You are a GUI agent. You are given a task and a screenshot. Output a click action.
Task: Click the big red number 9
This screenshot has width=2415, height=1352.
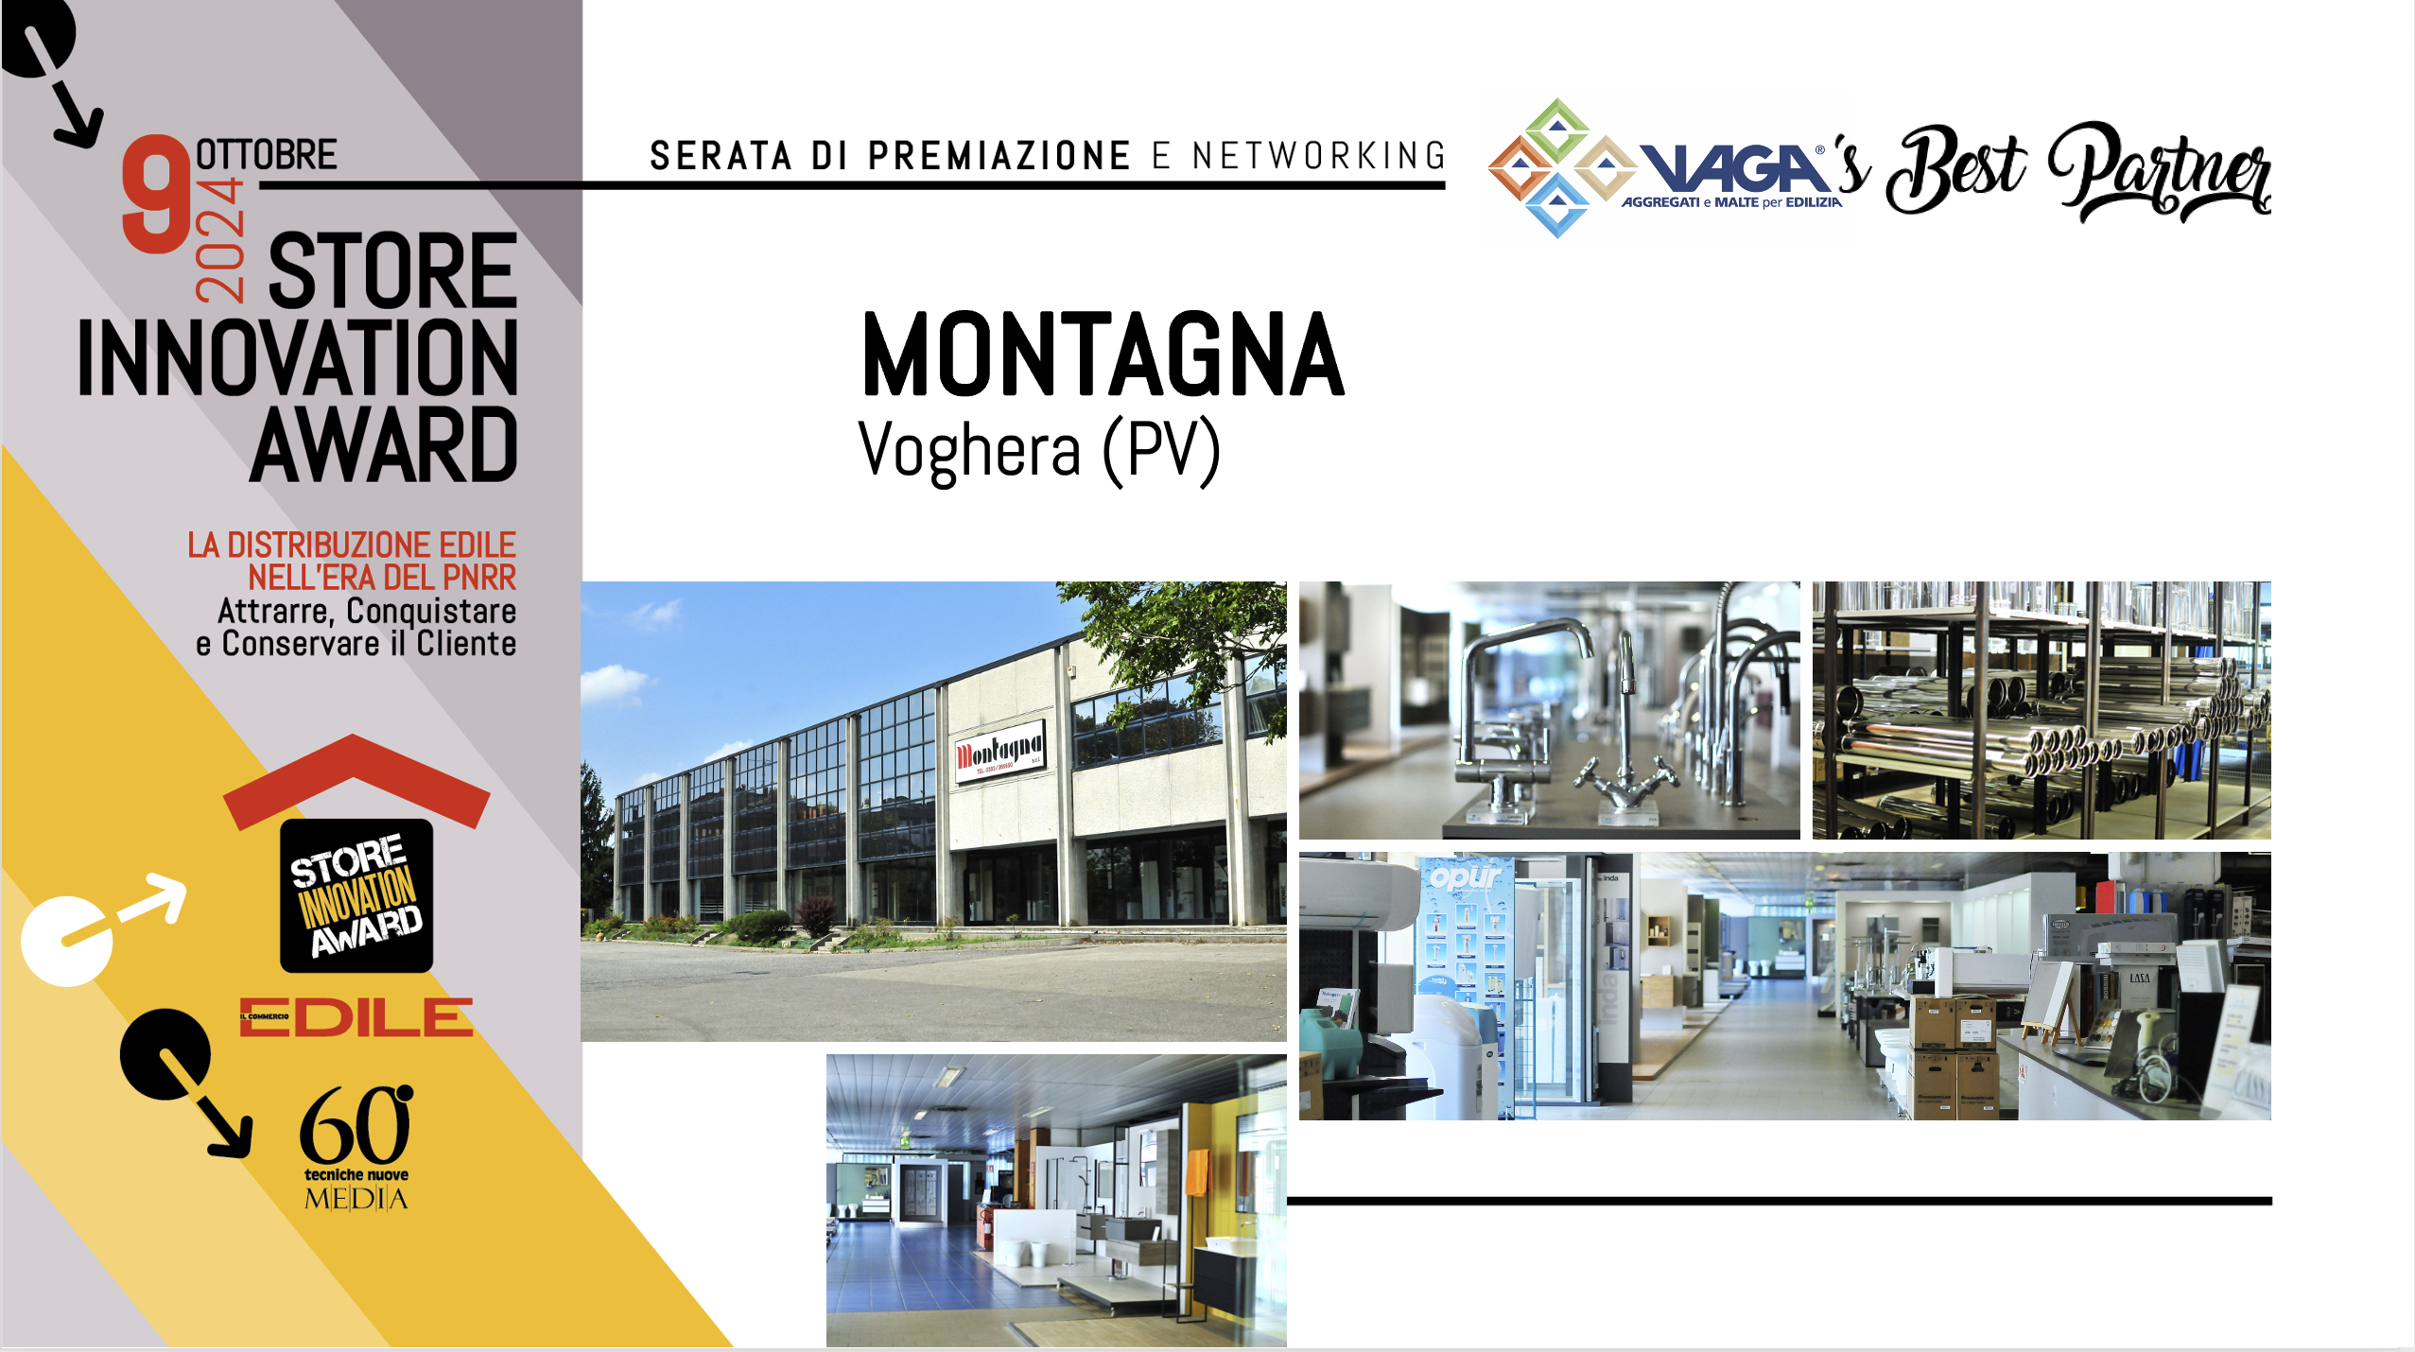click(157, 194)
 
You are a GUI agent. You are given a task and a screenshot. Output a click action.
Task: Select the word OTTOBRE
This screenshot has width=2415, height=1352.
click(266, 154)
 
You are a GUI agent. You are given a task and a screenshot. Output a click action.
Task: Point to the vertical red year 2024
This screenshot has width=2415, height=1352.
click(220, 240)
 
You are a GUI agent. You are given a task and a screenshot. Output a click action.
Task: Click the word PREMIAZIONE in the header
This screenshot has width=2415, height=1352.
click(999, 156)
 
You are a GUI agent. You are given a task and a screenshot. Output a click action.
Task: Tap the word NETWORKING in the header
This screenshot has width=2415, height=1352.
click(1318, 156)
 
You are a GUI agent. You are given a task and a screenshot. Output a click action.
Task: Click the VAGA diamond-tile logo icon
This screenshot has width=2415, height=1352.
click(1558, 167)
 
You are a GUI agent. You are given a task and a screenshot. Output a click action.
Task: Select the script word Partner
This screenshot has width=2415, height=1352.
click(2160, 172)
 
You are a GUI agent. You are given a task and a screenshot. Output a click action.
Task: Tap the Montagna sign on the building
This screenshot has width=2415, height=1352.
click(999, 754)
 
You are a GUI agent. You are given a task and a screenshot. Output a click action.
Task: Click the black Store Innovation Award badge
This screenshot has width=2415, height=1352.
click(356, 895)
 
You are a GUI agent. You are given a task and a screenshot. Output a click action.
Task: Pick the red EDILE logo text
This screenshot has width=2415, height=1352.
click(356, 1017)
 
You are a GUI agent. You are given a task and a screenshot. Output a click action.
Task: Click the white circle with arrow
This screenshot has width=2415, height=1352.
click(66, 941)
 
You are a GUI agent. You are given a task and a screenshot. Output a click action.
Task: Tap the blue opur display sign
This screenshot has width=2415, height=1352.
click(1466, 877)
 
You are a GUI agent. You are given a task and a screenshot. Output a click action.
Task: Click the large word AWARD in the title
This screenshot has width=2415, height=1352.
click(384, 445)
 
